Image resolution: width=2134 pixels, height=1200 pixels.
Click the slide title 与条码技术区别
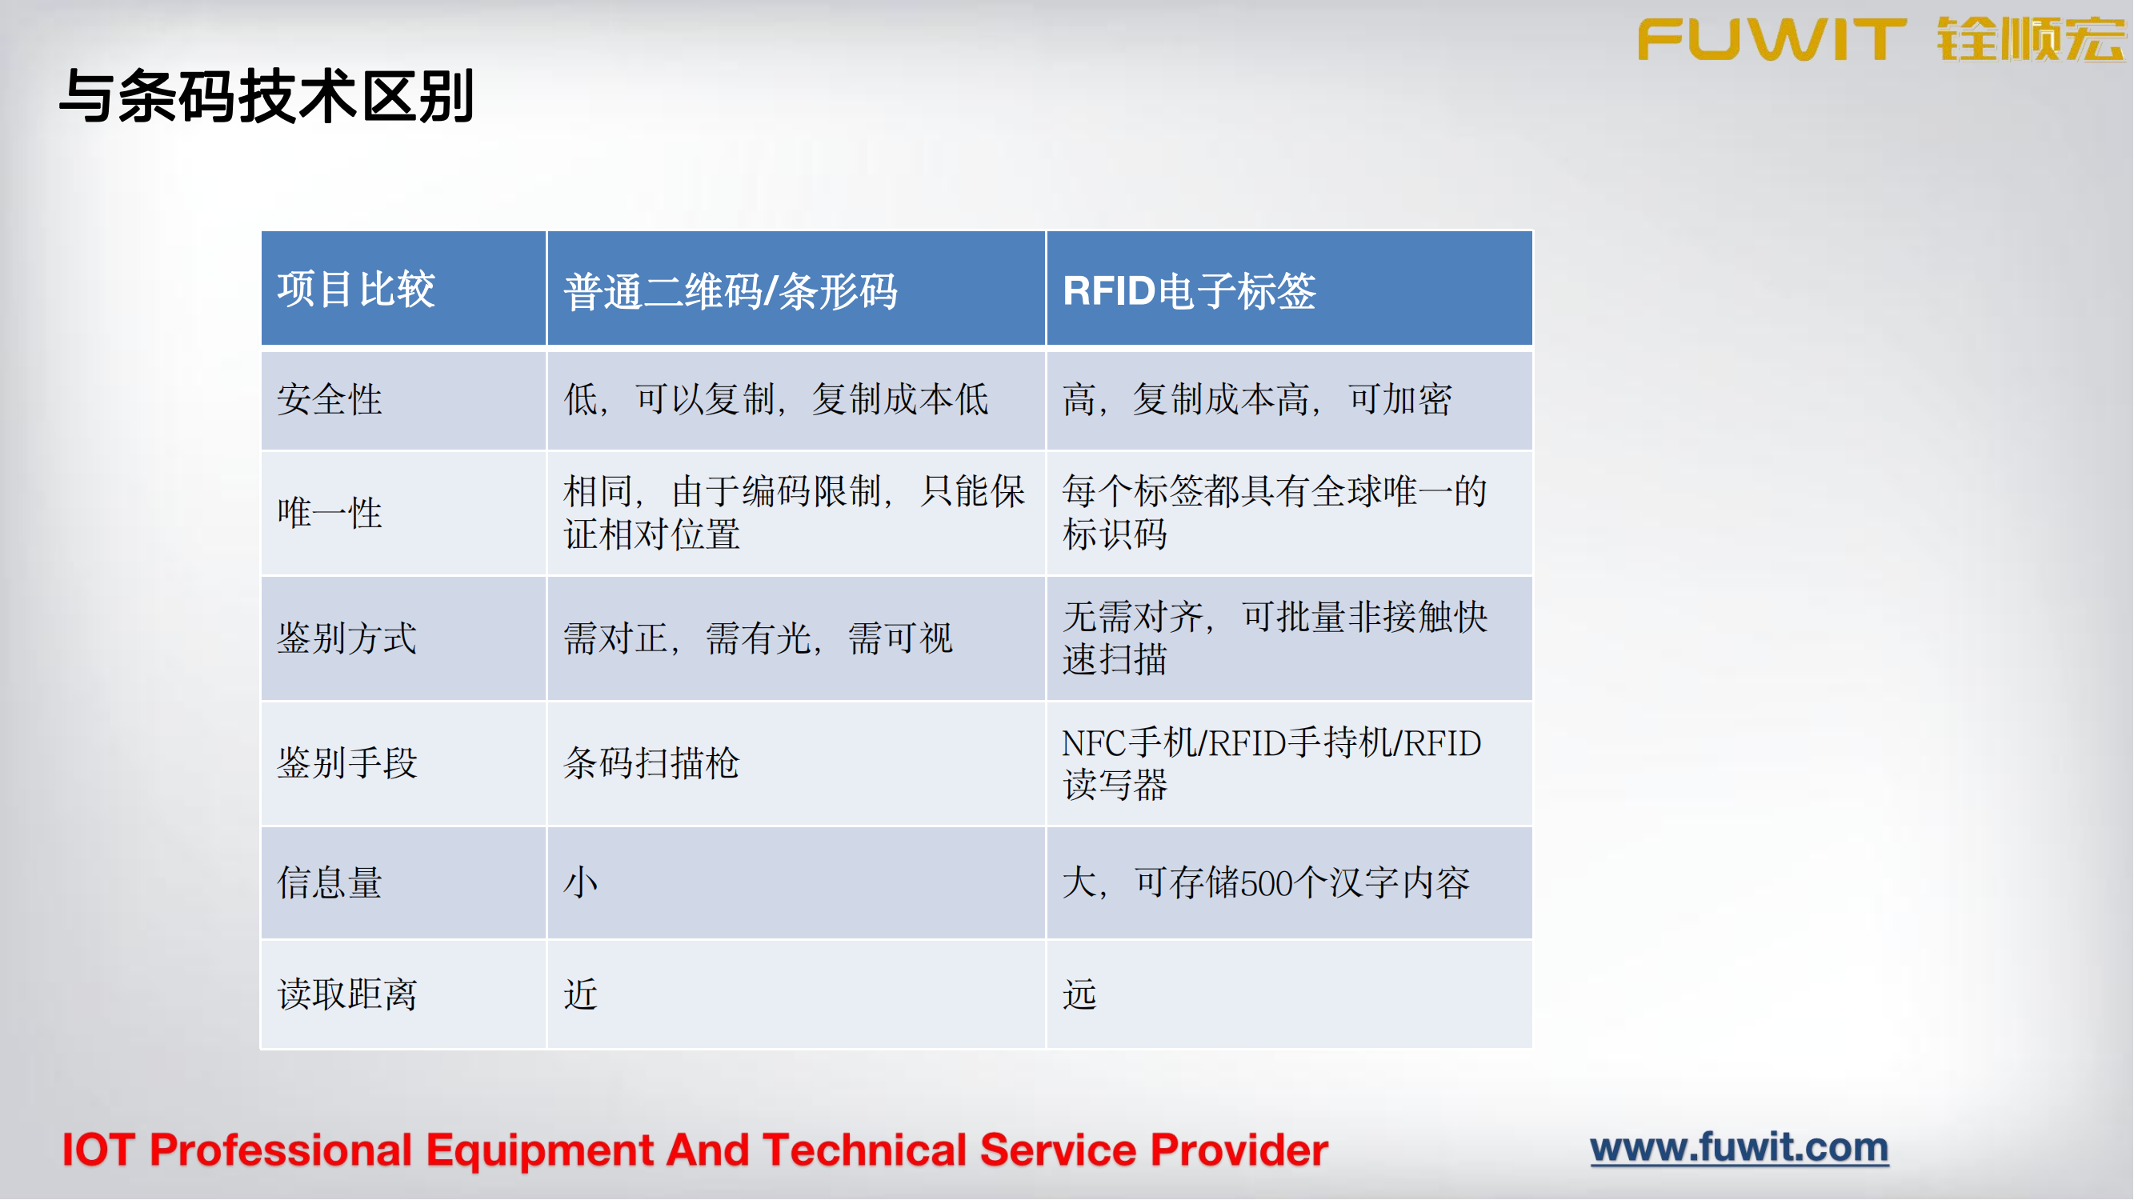(x=266, y=97)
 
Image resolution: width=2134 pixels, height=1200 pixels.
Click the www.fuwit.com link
(x=1739, y=1148)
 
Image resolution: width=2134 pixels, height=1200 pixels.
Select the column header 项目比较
(x=355, y=290)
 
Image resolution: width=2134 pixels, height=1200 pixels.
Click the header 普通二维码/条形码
(x=730, y=291)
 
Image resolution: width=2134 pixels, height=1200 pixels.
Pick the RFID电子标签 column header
(x=1189, y=291)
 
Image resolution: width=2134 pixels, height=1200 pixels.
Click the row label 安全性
(x=330, y=400)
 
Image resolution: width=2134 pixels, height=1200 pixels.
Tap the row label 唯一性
(x=330, y=513)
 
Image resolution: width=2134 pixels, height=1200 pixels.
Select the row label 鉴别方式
(x=347, y=638)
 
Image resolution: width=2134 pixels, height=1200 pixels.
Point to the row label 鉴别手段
(x=347, y=762)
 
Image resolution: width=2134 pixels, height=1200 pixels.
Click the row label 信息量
(x=330, y=883)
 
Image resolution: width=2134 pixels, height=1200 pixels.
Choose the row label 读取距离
(x=347, y=994)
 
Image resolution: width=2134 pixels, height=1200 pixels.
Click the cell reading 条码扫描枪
(x=651, y=762)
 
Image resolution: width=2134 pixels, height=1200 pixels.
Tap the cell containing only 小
(x=581, y=883)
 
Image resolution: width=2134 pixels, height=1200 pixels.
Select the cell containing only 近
(x=581, y=994)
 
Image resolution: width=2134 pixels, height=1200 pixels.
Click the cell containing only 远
(x=1079, y=994)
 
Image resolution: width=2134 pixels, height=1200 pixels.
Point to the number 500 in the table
(x=1267, y=884)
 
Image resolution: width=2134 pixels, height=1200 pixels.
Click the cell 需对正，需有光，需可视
(x=758, y=638)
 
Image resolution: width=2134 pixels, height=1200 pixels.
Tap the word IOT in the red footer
(x=98, y=1151)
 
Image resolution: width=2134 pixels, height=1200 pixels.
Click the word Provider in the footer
(x=1239, y=1151)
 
